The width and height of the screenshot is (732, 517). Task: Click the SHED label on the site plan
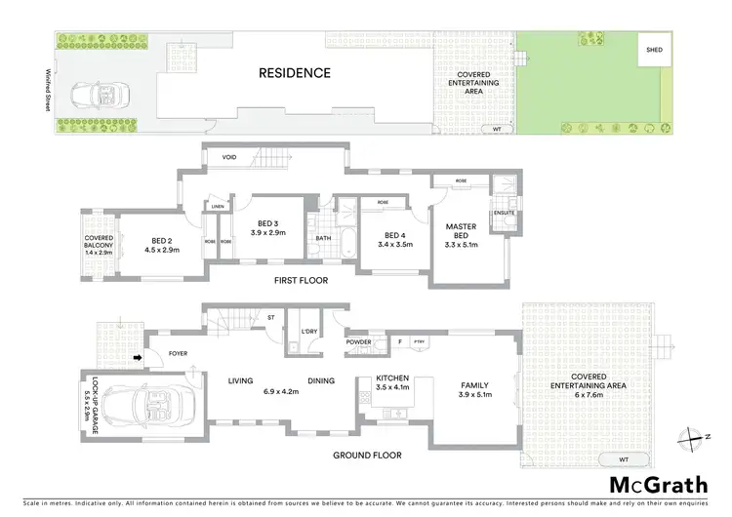point(650,48)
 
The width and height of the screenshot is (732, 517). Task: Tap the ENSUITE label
point(505,211)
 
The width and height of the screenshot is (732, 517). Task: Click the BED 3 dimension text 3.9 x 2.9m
point(265,233)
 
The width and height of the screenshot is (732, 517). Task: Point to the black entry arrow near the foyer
point(138,359)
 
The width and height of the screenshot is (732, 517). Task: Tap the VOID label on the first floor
point(230,156)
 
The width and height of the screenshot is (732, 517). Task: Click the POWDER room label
point(356,342)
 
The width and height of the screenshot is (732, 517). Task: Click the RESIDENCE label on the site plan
point(295,72)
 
